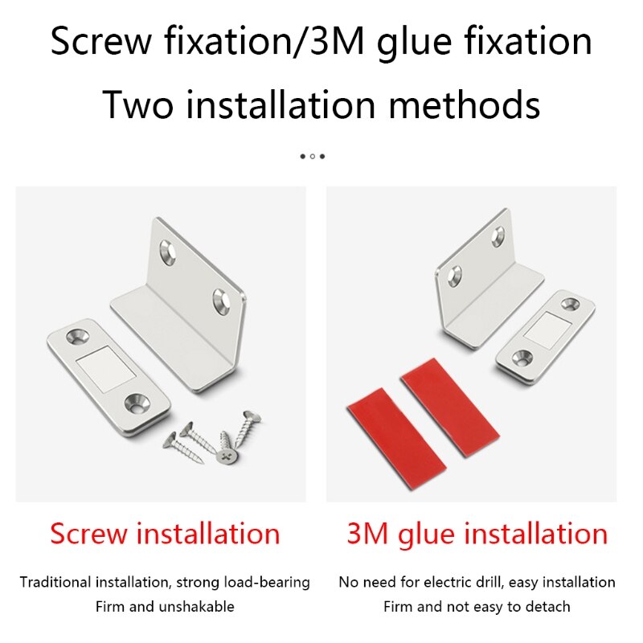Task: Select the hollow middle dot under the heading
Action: (313, 156)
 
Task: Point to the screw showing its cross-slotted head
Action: (227, 456)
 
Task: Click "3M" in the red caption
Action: (369, 534)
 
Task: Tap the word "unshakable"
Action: (197, 606)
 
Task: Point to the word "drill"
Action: (493, 582)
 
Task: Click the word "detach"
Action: (547, 606)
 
